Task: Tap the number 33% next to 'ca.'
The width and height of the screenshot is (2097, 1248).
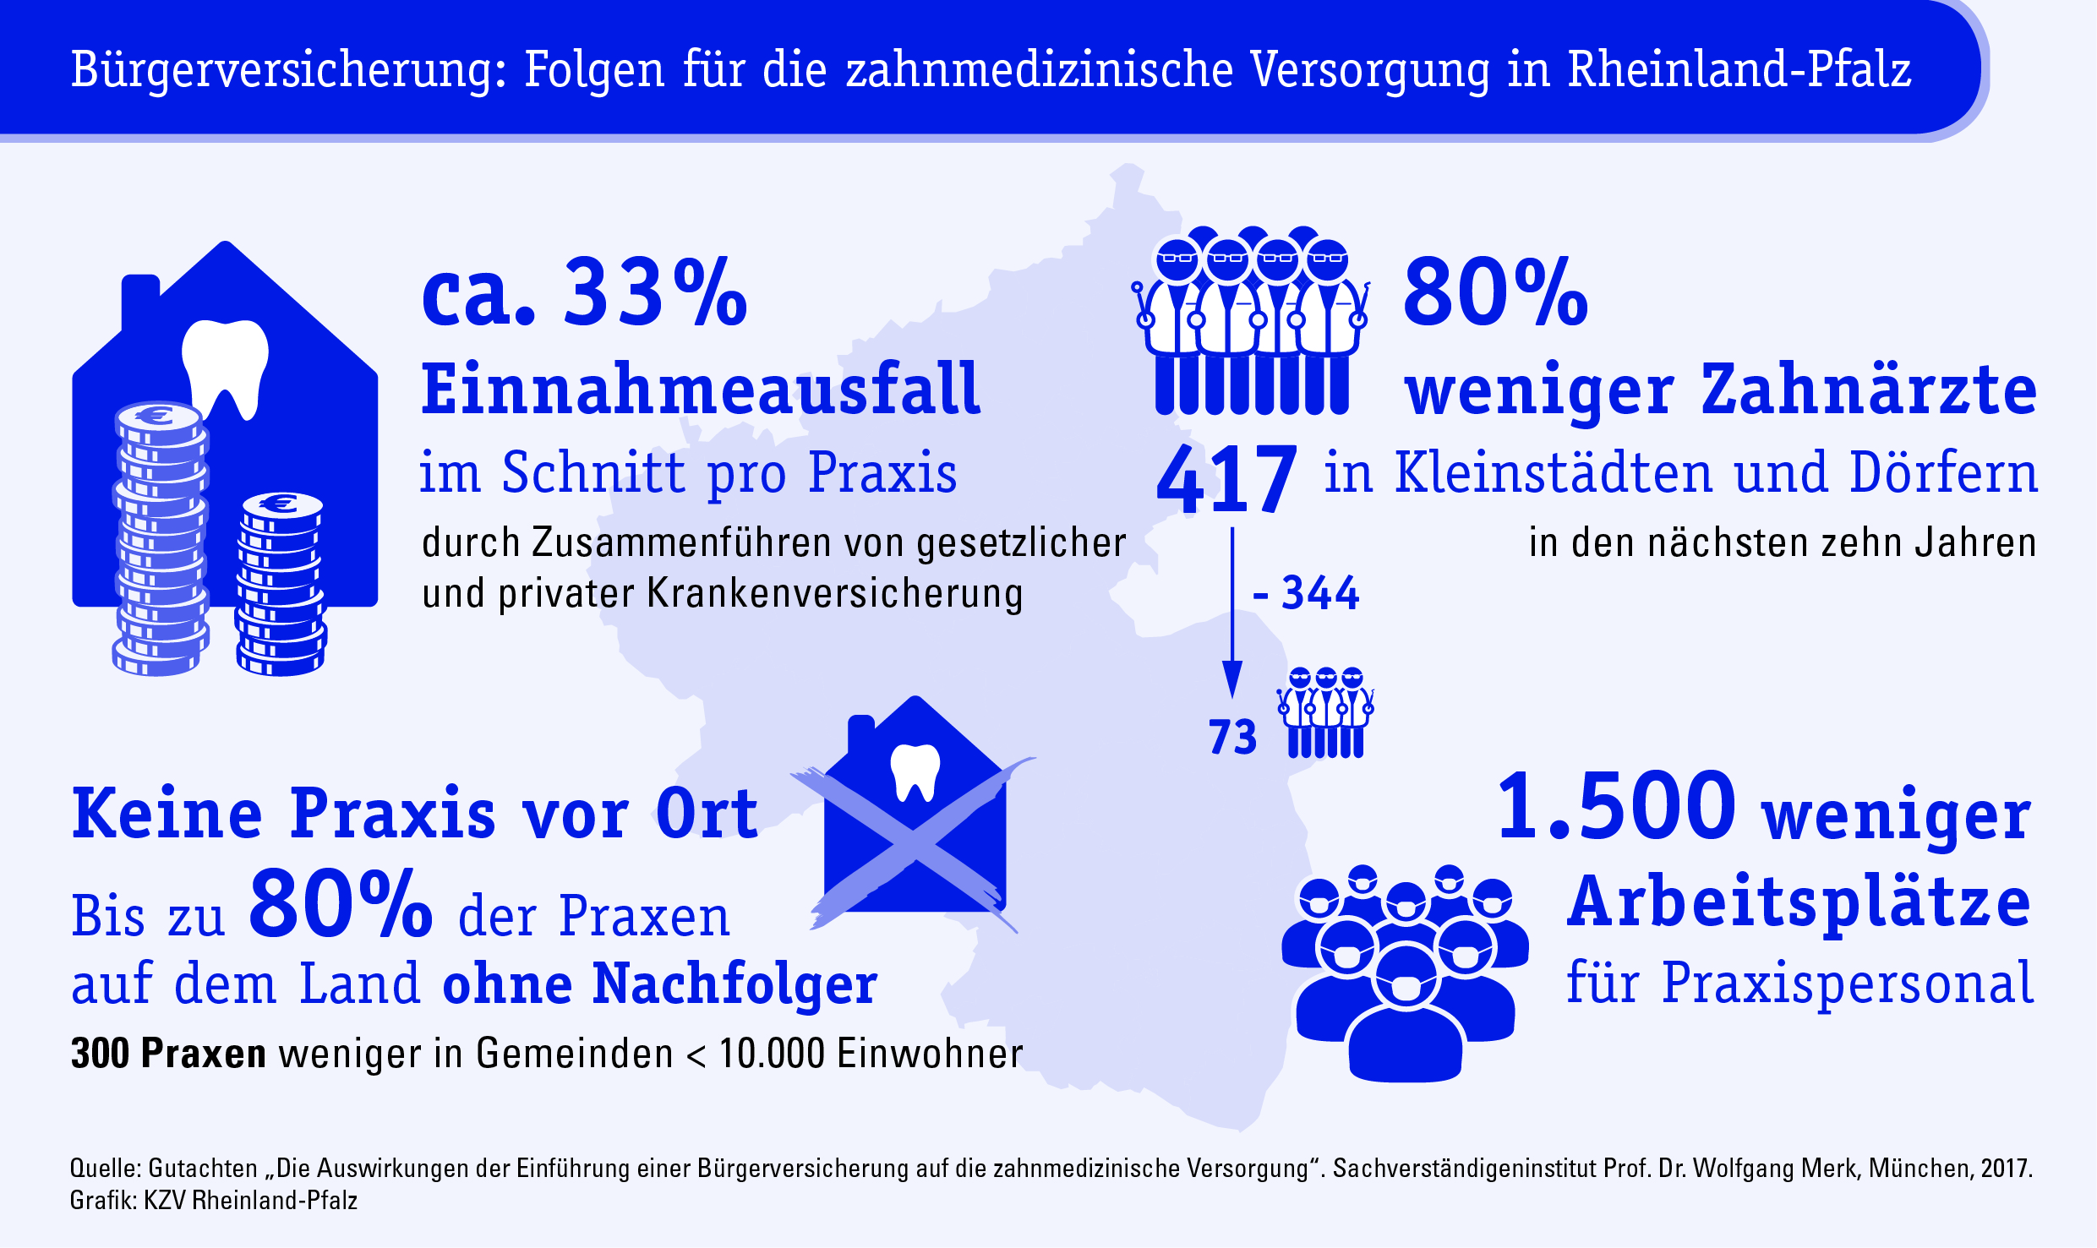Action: [x=655, y=293]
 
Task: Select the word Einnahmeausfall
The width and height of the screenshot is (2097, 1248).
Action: [x=701, y=390]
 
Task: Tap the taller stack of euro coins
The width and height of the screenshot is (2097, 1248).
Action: [x=161, y=541]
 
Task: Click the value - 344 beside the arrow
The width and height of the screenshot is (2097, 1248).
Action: [x=1307, y=593]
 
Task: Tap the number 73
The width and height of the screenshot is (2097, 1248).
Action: [x=1232, y=737]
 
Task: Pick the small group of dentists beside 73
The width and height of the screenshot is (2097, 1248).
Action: [x=1325, y=712]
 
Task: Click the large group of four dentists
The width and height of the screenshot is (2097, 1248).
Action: [x=1252, y=321]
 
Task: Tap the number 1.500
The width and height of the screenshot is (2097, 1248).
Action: [x=1615, y=808]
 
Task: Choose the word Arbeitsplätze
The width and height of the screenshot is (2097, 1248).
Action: [x=1799, y=902]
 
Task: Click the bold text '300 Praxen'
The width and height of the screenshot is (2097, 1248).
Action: [x=168, y=1054]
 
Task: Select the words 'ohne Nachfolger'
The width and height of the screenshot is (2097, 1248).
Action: [x=660, y=984]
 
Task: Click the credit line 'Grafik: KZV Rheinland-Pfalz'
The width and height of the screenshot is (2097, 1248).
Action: [x=214, y=1201]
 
